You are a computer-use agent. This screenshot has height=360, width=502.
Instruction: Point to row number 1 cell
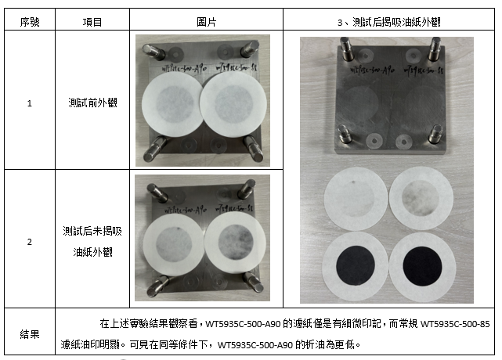coord(30,103)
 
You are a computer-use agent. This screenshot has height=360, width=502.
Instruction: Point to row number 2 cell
coord(30,242)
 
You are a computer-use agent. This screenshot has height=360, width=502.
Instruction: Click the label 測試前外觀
coord(92,103)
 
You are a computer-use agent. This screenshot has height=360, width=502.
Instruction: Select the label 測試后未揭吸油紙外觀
coord(92,242)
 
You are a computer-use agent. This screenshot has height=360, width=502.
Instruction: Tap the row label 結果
coord(30,333)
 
